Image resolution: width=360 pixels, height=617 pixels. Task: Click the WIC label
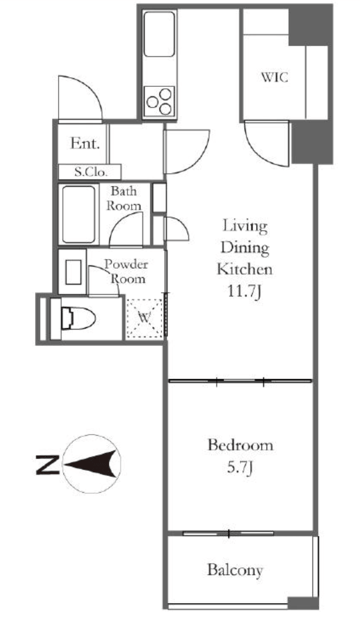pyautogui.click(x=274, y=77)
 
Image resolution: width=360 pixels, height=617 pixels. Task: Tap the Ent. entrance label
pyautogui.click(x=85, y=143)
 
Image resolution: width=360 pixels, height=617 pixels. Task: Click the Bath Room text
pyautogui.click(x=124, y=198)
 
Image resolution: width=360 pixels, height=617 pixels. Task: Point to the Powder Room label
pyautogui.click(x=126, y=272)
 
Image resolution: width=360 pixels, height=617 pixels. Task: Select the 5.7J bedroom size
pyautogui.click(x=240, y=468)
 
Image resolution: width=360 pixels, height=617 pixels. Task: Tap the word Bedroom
pyautogui.click(x=240, y=446)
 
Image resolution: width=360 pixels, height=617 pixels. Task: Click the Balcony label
pyautogui.click(x=235, y=570)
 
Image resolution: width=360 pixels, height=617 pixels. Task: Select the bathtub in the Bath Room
pyautogui.click(x=79, y=214)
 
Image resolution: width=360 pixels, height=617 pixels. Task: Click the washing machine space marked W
pyautogui.click(x=144, y=318)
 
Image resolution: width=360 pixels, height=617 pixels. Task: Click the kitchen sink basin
pyautogui.click(x=159, y=34)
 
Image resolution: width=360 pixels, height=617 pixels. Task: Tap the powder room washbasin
pyautogui.click(x=73, y=272)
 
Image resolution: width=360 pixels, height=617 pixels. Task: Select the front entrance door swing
pyautogui.click(x=80, y=97)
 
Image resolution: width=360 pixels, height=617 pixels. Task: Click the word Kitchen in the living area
pyautogui.click(x=245, y=269)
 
